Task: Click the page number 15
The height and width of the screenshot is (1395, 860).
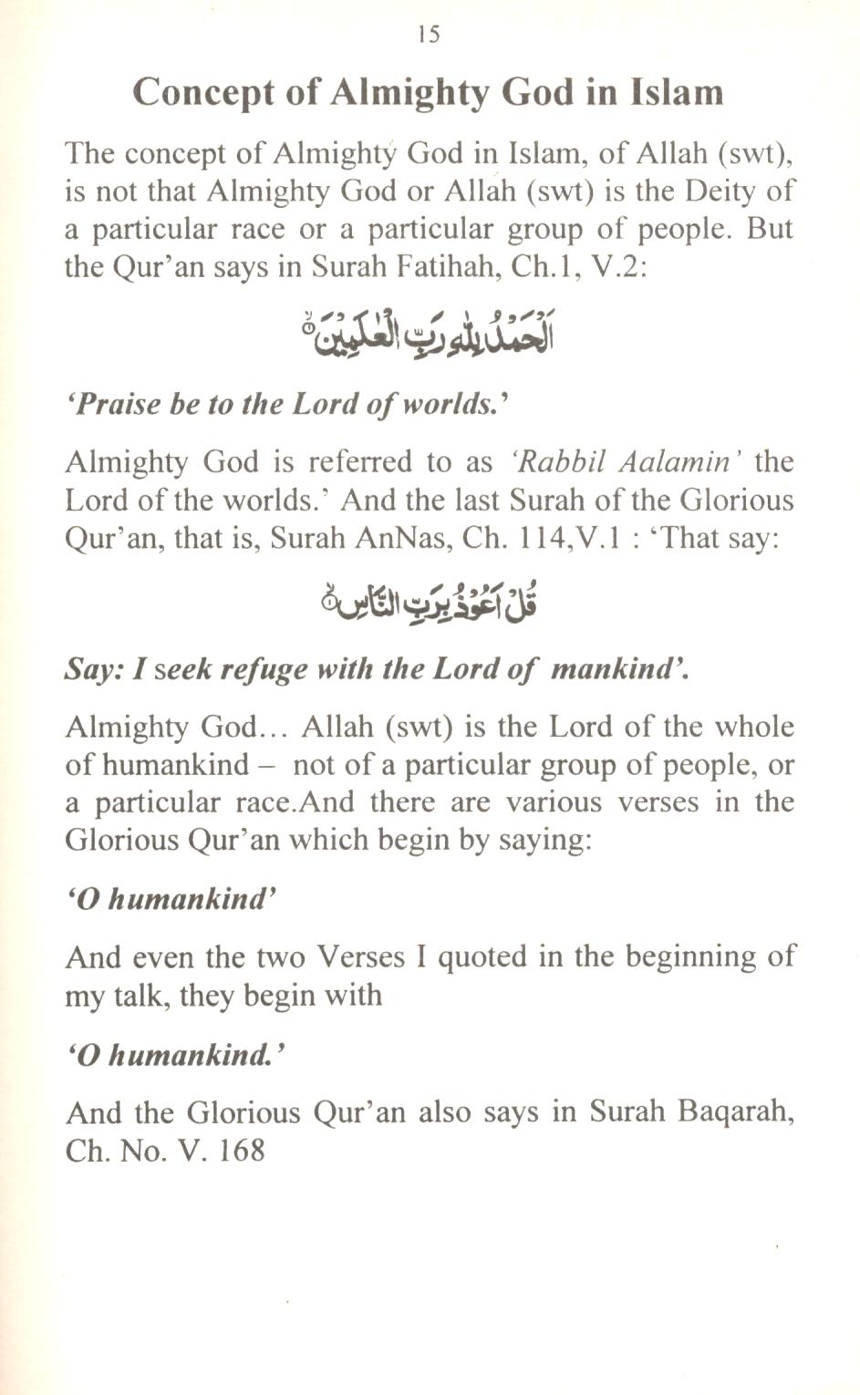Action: [429, 35]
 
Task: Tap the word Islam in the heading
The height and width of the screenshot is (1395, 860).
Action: [678, 92]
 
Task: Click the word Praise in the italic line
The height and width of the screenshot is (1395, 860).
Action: [119, 404]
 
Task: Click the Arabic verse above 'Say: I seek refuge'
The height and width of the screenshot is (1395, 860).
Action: [429, 601]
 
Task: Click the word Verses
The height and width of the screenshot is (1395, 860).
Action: [360, 956]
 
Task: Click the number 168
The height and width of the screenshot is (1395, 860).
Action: [241, 1150]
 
